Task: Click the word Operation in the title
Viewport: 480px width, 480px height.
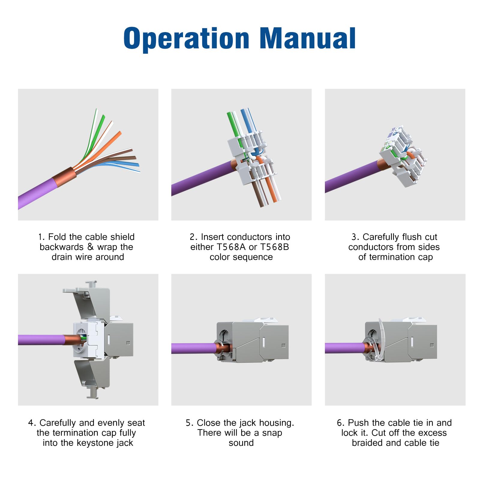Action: [x=186, y=38]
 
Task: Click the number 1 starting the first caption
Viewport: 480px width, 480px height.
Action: [x=41, y=237]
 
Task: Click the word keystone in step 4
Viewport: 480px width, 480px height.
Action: [x=95, y=443]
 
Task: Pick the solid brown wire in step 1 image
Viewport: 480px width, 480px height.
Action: [x=120, y=158]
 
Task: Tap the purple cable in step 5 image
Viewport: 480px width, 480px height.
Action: [x=192, y=348]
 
